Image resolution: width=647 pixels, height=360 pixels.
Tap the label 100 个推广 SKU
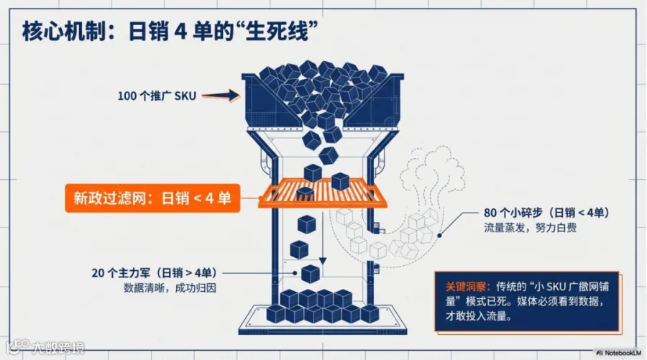pyautogui.click(x=157, y=94)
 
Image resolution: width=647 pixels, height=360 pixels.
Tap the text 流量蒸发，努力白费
pyautogui.click(x=530, y=229)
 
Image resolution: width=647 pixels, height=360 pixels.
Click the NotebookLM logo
pyautogui.click(x=619, y=352)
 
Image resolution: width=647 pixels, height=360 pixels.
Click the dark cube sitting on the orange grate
pyautogui.click(x=306, y=193)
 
